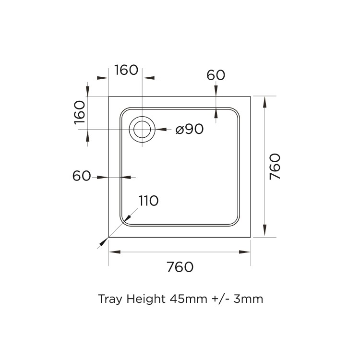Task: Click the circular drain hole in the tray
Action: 143,129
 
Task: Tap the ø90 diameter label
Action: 190,129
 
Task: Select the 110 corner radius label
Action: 148,201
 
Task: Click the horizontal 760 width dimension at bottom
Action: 180,267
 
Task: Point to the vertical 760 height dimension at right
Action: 275,167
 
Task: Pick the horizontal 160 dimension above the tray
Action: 126,70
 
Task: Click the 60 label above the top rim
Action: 216,75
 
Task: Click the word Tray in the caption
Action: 110,299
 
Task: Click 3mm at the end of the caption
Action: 248,299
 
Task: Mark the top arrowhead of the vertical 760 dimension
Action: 264,100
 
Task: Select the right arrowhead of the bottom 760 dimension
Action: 247,252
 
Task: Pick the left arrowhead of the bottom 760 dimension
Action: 113,252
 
